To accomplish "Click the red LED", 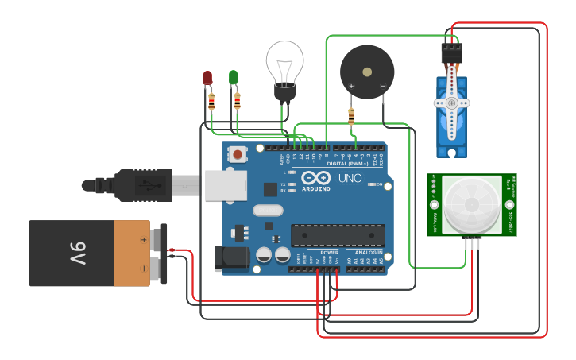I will (207, 77).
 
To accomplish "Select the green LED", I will (233, 76).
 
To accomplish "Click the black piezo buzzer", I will (367, 72).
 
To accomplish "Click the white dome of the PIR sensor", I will (472, 203).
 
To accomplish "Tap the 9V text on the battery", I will (77, 254).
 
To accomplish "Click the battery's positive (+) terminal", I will (163, 238).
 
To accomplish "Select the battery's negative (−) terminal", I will (163, 269).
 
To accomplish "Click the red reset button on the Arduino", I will (238, 153).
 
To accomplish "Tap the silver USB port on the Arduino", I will (226, 184).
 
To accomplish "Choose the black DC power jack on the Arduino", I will (228, 258).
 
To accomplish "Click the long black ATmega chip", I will (338, 235).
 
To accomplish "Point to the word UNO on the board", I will (350, 178).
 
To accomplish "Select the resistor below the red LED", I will (211, 102).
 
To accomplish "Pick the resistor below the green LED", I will (237, 102).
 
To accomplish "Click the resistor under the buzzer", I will (351, 117).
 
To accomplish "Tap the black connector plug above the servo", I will (451, 52).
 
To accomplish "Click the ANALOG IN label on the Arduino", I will (369, 253).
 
